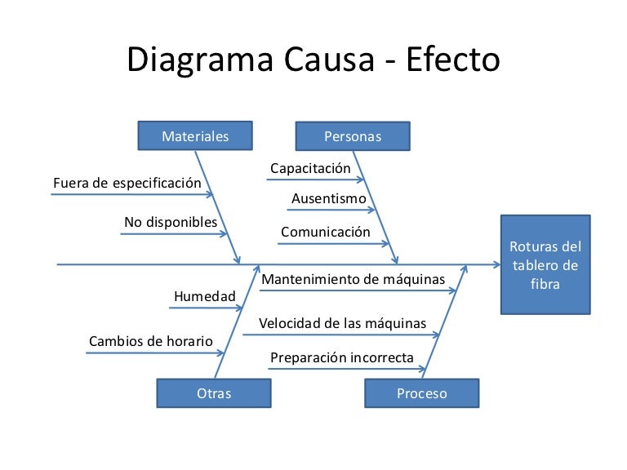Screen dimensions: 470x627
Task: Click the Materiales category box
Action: point(195,136)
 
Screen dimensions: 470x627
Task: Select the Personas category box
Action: point(353,136)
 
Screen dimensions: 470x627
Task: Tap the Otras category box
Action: point(214,393)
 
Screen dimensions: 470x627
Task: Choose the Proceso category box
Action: point(422,393)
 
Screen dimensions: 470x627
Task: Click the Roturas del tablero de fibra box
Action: point(545,264)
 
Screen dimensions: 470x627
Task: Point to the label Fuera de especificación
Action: point(127,183)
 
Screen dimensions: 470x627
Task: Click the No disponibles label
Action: point(171,222)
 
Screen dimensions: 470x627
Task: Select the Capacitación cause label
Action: point(310,168)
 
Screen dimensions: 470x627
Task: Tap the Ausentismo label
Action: point(329,198)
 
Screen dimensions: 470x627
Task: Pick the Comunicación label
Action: point(325,232)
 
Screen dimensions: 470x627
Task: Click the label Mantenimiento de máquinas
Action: point(354,279)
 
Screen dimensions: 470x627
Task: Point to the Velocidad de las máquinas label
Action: point(342,323)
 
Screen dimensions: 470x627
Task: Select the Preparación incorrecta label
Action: point(342,357)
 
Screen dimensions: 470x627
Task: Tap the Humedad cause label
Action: point(204,295)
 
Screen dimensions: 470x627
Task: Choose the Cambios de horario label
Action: point(150,340)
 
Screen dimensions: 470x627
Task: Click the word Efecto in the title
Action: point(451,61)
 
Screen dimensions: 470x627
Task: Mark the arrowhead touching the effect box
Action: point(494,264)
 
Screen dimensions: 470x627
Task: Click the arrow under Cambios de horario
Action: point(155,353)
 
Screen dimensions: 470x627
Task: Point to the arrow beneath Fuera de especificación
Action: point(131,195)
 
